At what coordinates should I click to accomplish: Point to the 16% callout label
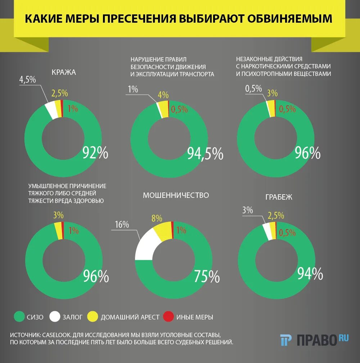tap(122, 225)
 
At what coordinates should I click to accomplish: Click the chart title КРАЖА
tap(64, 72)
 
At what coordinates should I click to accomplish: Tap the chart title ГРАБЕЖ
tap(279, 197)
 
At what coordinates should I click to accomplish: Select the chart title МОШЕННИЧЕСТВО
tap(176, 195)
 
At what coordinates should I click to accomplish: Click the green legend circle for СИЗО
tap(19, 317)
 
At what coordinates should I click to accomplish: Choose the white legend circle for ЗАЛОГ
tap(55, 317)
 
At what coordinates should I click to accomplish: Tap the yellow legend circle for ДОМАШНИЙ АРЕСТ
tap(93, 317)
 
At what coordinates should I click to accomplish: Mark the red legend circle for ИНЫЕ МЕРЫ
tap(168, 317)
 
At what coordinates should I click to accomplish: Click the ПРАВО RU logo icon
tap(287, 340)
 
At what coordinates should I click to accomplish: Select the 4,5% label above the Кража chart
tap(27, 80)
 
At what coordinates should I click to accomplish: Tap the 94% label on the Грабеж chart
tap(310, 274)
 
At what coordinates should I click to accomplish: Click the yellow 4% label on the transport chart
tap(163, 95)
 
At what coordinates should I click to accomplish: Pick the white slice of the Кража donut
tap(51, 110)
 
